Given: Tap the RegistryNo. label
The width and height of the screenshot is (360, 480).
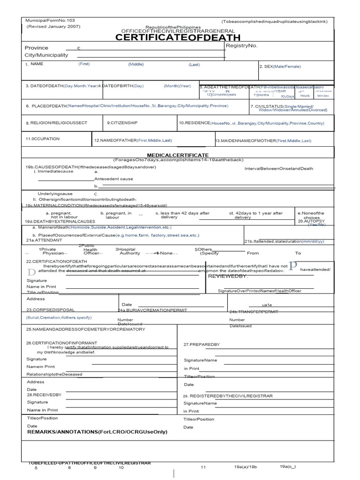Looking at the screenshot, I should coord(241,45).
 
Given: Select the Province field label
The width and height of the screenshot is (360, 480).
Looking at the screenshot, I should coord(36,48).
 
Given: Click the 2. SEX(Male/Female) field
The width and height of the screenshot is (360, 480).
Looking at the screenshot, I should coord(280,67).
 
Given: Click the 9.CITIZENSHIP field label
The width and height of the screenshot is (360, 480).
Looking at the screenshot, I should coord(122,123).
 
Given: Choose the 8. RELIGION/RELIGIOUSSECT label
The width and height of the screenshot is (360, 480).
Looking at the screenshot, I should coord(56,123).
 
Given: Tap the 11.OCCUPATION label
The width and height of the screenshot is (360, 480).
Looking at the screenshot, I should coord(43,139).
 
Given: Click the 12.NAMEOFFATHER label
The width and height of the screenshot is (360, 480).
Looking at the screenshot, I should coord(133,141).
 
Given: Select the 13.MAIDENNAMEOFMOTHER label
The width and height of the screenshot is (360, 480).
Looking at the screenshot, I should coord(263,141).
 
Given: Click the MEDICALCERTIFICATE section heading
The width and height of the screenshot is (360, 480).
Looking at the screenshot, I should coord(178,155).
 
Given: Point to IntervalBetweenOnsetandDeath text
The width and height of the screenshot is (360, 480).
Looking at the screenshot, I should coord(278,169).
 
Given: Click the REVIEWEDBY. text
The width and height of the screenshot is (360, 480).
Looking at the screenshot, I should coord(227,276).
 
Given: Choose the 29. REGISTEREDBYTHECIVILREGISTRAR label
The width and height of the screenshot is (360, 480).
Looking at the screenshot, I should coord(227,396).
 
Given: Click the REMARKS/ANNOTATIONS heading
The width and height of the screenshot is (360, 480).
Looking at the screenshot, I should coord(97,432).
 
